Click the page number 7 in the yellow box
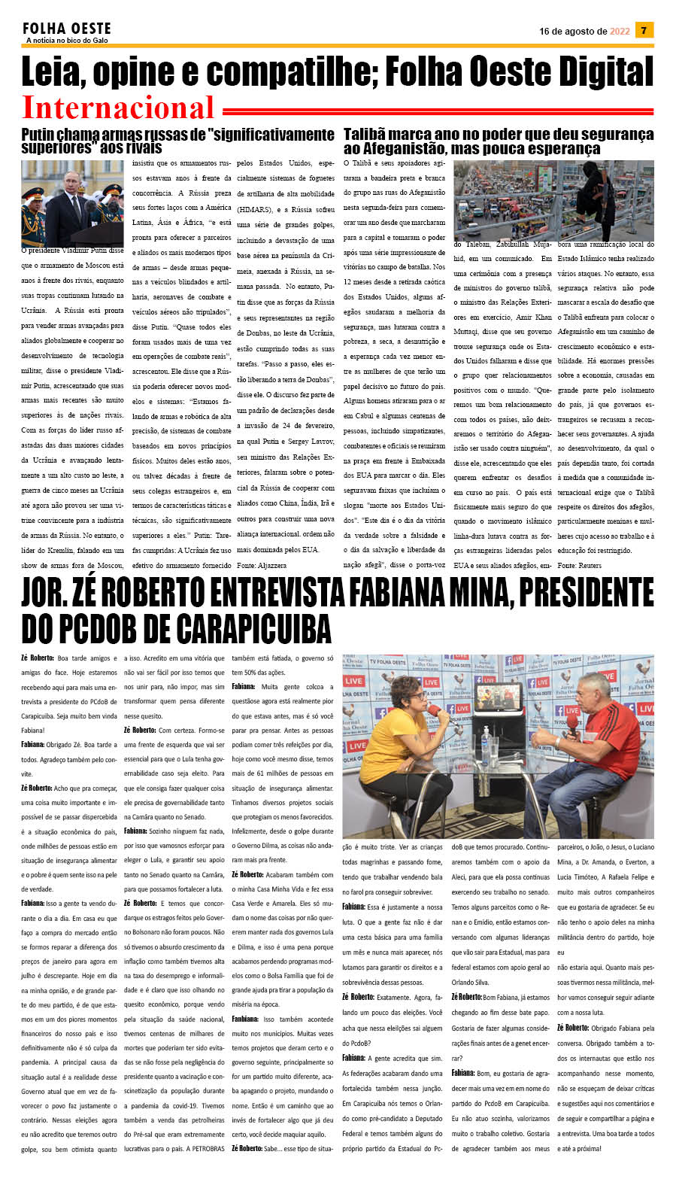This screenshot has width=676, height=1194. point(644,30)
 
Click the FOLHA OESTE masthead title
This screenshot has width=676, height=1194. point(67,29)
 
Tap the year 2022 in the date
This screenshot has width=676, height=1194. point(620,32)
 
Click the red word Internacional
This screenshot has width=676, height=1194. point(118,108)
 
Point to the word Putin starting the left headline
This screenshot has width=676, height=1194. point(38,135)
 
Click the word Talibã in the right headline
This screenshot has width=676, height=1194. point(366,135)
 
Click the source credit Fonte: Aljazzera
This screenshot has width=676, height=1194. point(261,564)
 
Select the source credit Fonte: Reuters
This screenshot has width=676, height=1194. point(579,564)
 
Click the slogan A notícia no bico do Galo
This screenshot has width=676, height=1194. point(67,41)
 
